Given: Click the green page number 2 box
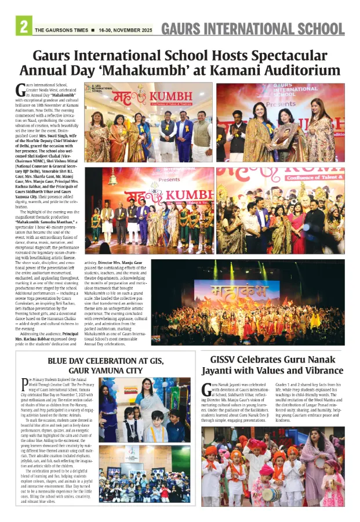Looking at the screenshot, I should [24, 27].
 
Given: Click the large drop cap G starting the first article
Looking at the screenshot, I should [21, 89].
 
